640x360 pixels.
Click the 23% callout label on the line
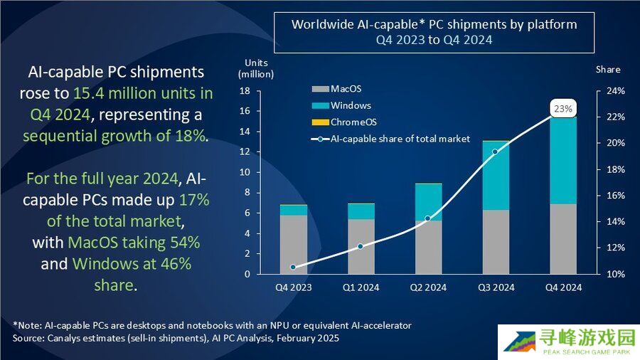pyautogui.click(x=563, y=109)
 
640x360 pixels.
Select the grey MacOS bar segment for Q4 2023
pyautogui.click(x=294, y=244)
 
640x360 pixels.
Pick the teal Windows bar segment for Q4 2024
pyautogui.click(x=563, y=160)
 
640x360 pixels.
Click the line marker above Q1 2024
pyautogui.click(x=361, y=246)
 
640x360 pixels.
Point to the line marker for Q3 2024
pyautogui.click(x=496, y=152)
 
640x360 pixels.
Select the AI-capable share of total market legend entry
pyautogui.click(x=391, y=139)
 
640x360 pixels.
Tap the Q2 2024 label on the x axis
pyautogui.click(x=428, y=287)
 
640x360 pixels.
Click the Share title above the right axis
pyautogui.click(x=608, y=69)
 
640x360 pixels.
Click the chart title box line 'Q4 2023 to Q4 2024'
pyautogui.click(x=434, y=41)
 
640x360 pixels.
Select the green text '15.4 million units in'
pyautogui.click(x=143, y=93)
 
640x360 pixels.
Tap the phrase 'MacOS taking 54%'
pyautogui.click(x=134, y=243)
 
